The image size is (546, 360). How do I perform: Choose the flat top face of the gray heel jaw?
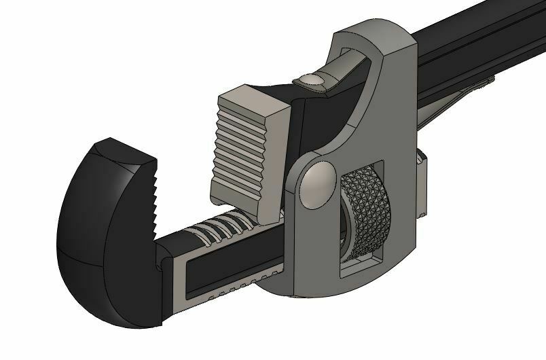click(x=251, y=103)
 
